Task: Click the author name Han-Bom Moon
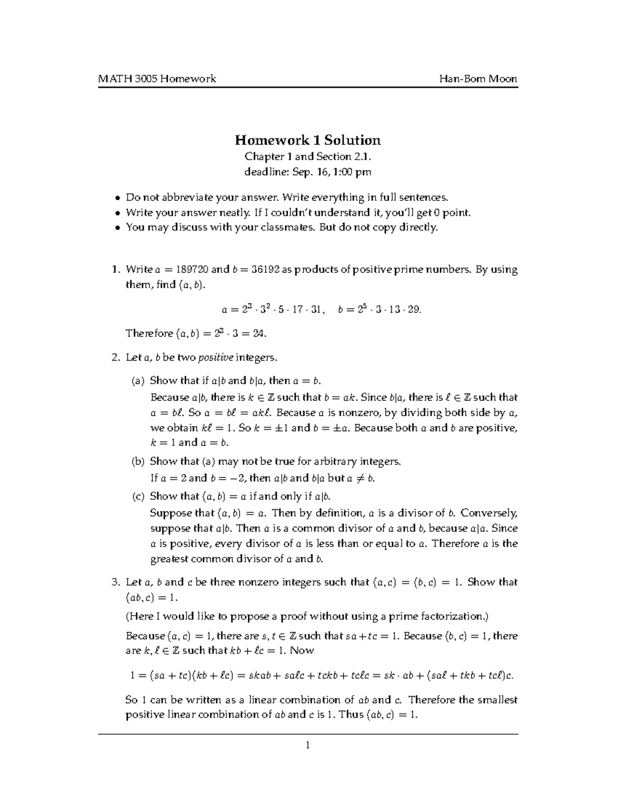[478, 79]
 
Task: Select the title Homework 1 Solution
[308, 140]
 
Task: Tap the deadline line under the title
[307, 172]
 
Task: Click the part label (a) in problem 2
[138, 381]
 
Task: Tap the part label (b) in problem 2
[138, 462]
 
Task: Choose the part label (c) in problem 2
[138, 497]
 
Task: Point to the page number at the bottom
[307, 745]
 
